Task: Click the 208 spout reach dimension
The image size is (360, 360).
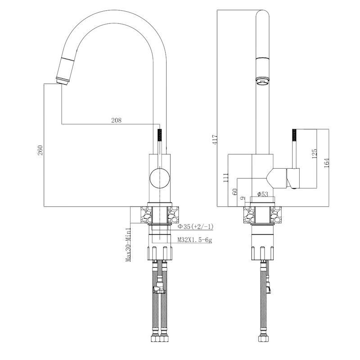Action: pos(117,120)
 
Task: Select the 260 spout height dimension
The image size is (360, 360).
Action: pos(40,150)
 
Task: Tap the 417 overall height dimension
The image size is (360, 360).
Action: pos(215,139)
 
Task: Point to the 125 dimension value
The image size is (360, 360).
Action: pos(314,153)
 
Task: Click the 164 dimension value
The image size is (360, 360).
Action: pos(327,163)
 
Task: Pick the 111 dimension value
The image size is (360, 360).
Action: pos(226,178)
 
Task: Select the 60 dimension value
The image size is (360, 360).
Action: pos(234,192)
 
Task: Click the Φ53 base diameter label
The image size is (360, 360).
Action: pos(262,194)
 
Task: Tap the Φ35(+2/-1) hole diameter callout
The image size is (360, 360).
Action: pos(196,227)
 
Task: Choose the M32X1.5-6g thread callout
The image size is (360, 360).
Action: pos(195,240)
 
